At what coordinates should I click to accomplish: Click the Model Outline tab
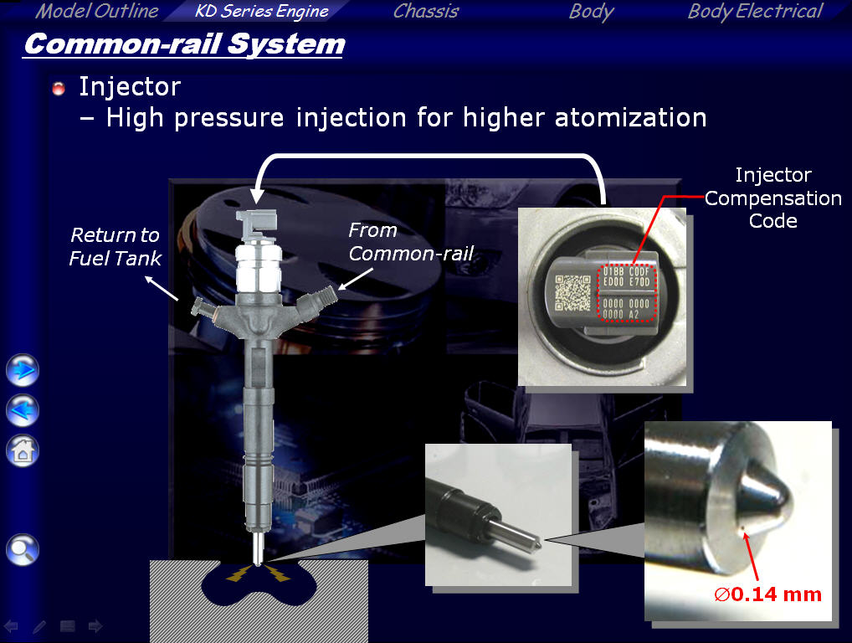(97, 11)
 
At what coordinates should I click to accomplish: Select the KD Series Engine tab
(262, 11)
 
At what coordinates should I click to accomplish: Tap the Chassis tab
(426, 11)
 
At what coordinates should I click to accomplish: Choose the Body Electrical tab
(755, 12)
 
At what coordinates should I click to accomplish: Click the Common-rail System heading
(184, 44)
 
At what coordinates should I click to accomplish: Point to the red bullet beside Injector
(58, 88)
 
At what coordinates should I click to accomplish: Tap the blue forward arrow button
(23, 370)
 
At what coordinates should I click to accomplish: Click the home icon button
(23, 450)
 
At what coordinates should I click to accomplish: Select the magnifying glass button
(23, 549)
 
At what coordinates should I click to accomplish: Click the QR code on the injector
(572, 292)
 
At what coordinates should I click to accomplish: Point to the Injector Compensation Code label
(773, 198)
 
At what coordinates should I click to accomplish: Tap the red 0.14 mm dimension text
(767, 594)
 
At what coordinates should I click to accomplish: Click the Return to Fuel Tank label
(115, 246)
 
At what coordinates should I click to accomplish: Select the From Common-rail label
(411, 241)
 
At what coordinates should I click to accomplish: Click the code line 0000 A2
(620, 314)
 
